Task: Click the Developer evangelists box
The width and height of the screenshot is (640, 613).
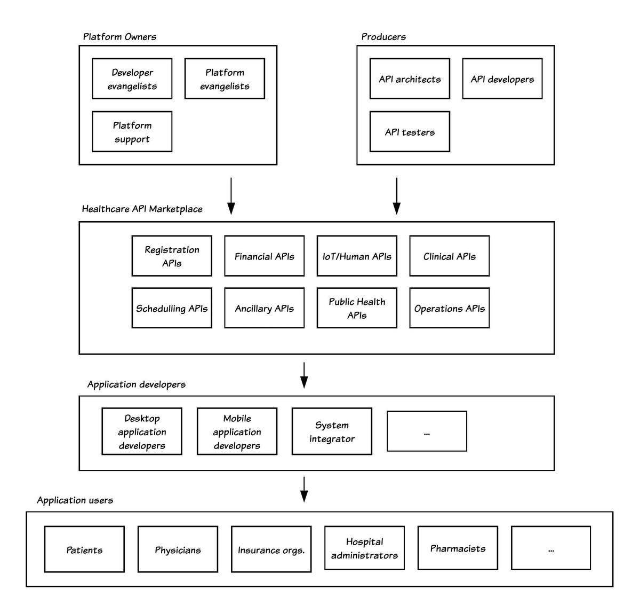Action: pyautogui.click(x=132, y=78)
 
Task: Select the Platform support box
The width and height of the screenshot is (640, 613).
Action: pyautogui.click(x=132, y=131)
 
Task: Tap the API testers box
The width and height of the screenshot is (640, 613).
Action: pyautogui.click(x=410, y=131)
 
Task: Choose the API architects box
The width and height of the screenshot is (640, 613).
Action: pyautogui.click(x=410, y=78)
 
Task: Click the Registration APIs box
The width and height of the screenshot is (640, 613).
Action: pyautogui.click(x=172, y=256)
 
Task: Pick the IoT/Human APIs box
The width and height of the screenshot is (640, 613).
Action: pyautogui.click(x=357, y=256)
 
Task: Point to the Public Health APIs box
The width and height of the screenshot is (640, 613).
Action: pyautogui.click(x=357, y=308)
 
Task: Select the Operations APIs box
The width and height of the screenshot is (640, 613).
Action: pyautogui.click(x=449, y=308)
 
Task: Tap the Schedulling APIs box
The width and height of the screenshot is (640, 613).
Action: pyautogui.click(x=172, y=308)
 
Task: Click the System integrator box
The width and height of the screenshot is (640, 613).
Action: pyautogui.click(x=332, y=431)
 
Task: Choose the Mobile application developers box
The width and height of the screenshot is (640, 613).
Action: pyautogui.click(x=237, y=431)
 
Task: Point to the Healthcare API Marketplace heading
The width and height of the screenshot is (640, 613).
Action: pyautogui.click(x=142, y=209)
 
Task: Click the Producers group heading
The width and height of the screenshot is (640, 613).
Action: pyautogui.click(x=383, y=36)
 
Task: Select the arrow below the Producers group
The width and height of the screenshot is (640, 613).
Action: pyautogui.click(x=397, y=196)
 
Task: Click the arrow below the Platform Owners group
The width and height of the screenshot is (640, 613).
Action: pyautogui.click(x=231, y=196)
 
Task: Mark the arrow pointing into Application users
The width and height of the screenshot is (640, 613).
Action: pyautogui.click(x=304, y=489)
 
